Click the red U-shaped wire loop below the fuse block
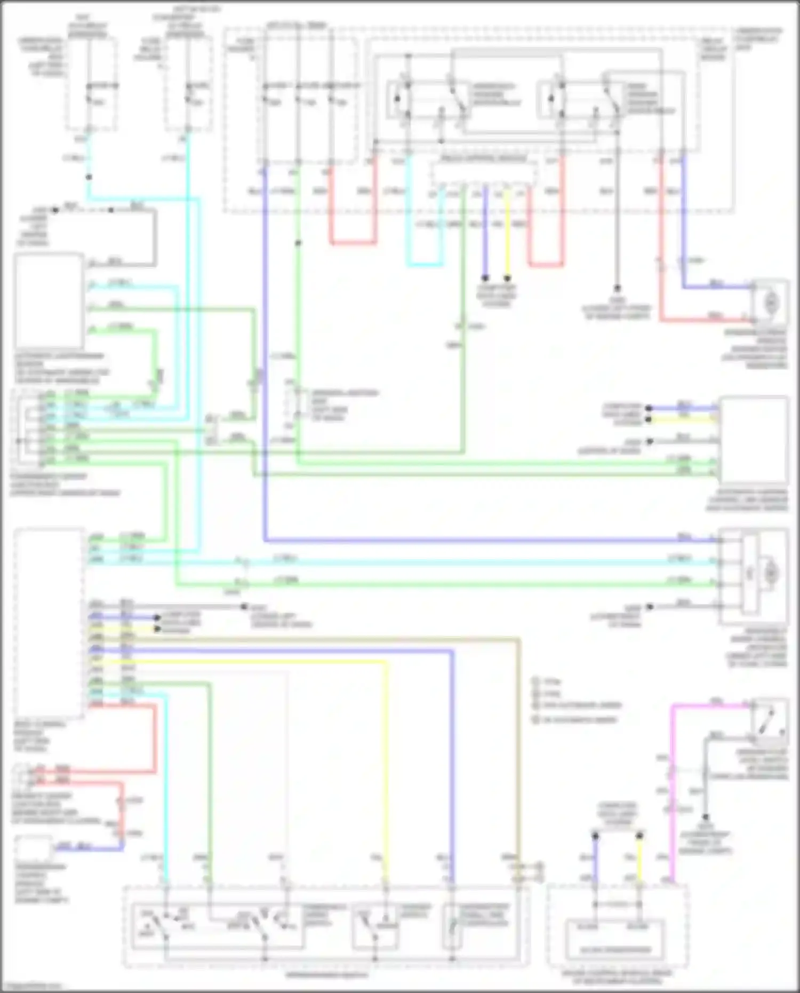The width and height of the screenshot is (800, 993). pos(352,243)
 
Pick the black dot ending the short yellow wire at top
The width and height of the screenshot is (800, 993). pos(508,278)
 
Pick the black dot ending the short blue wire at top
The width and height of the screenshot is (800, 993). pos(485,278)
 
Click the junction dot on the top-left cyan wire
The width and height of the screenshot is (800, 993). pos(89,177)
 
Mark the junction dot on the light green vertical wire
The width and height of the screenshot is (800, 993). pos(298,243)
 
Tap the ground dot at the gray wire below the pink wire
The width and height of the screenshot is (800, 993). pos(705,817)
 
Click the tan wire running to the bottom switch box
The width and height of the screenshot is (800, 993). pos(518,747)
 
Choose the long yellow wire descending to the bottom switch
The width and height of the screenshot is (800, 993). pos(385,774)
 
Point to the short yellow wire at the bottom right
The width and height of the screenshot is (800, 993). pos(639,859)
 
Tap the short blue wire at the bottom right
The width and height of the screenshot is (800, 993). pos(595,859)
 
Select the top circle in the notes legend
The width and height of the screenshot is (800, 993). pos(535,681)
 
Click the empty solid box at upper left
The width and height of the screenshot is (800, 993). pos(49,301)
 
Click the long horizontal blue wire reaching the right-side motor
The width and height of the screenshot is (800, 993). pos(480,541)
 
